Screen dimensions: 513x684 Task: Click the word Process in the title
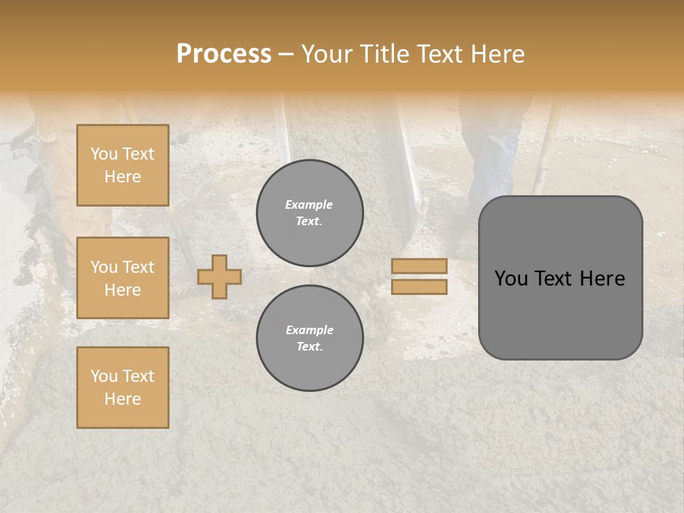click(x=224, y=54)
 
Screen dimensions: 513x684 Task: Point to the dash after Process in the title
click(x=286, y=55)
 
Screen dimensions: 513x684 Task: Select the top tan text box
click(x=123, y=165)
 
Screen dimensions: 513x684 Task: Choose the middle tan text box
click(x=123, y=278)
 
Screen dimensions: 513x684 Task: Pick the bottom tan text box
click(x=123, y=388)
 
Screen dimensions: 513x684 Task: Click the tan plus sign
click(x=219, y=276)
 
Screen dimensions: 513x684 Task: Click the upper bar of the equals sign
click(x=419, y=266)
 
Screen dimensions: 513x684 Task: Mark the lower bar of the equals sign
click(x=419, y=287)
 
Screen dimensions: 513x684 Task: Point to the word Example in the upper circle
click(x=309, y=204)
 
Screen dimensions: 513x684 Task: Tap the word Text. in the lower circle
click(x=309, y=346)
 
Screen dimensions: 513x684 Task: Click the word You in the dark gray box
click(x=512, y=279)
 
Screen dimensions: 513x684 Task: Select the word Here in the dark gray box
click(x=603, y=279)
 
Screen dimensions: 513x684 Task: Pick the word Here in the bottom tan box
click(x=123, y=399)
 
